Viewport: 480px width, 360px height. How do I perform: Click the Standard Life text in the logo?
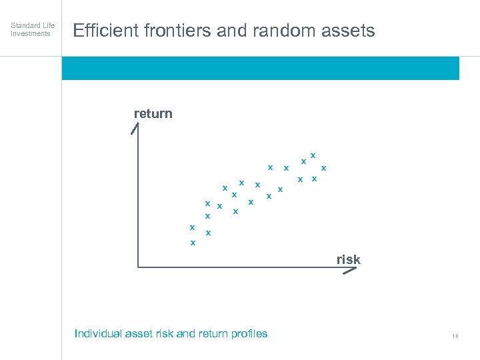coord(33,25)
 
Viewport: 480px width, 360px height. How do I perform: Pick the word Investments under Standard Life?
coord(31,33)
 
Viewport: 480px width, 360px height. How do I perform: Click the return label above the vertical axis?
coord(153,113)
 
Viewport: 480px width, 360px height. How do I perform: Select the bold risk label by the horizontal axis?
coord(348,260)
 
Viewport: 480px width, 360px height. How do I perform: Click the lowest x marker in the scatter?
coord(193,243)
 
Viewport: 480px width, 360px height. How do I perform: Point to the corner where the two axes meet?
coord(137,267)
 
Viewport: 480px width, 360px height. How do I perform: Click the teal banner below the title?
coord(260,68)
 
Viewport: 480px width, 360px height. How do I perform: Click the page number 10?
coord(455,336)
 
